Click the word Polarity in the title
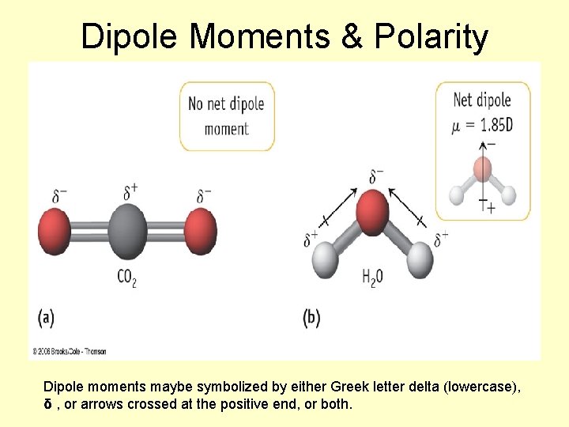pos(431,36)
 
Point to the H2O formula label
pos(372,278)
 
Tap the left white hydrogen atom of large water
pos(326,260)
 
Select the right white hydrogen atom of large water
pos(421,259)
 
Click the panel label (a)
pos(47,318)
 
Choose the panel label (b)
pos(311,318)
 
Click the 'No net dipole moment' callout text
pos(226,115)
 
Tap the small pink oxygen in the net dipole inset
pos(483,168)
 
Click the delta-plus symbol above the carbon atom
pos(131,191)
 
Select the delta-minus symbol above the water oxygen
pos(376,176)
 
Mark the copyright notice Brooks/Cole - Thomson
pos(70,351)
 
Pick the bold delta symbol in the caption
pos(47,404)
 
